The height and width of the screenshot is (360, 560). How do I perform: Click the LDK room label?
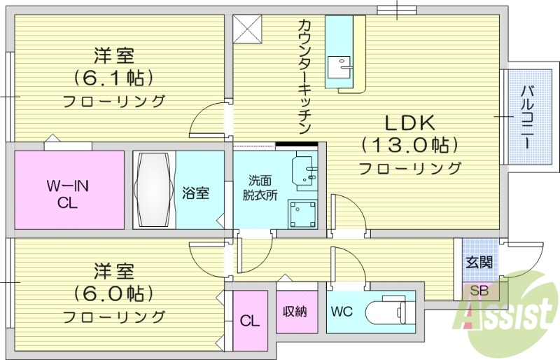409,123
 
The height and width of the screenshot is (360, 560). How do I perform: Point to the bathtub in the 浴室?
152,189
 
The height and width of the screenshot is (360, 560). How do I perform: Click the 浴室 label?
195,193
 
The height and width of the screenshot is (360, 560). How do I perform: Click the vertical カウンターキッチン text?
304,77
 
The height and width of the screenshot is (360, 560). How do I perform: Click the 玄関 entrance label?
479,263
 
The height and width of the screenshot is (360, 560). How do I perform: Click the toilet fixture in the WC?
388,309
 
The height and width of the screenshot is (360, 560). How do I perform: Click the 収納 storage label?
295,311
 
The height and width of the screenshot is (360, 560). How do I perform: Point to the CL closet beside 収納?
249,321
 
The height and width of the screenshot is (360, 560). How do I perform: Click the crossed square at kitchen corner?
247,28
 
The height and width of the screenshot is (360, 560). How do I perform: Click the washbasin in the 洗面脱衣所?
306,170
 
